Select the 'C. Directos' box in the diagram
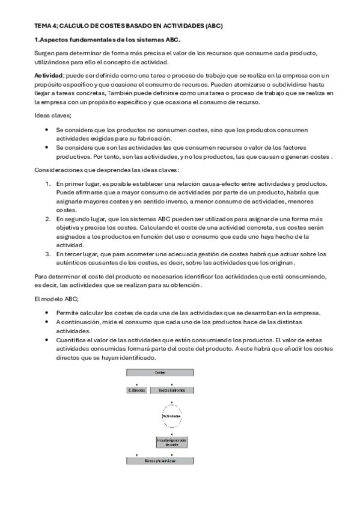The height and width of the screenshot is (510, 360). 137,390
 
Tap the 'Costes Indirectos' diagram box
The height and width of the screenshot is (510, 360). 172,390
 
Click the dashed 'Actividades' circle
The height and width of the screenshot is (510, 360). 172,416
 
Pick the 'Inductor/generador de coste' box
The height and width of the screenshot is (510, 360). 172,443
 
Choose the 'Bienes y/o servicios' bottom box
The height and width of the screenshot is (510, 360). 160,461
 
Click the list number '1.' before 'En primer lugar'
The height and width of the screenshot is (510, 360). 49,183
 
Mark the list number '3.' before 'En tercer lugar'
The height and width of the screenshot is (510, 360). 49,254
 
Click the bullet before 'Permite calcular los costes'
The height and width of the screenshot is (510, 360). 47,313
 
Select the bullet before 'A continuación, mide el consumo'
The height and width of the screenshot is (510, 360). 47,322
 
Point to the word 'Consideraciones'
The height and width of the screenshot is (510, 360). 58,170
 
